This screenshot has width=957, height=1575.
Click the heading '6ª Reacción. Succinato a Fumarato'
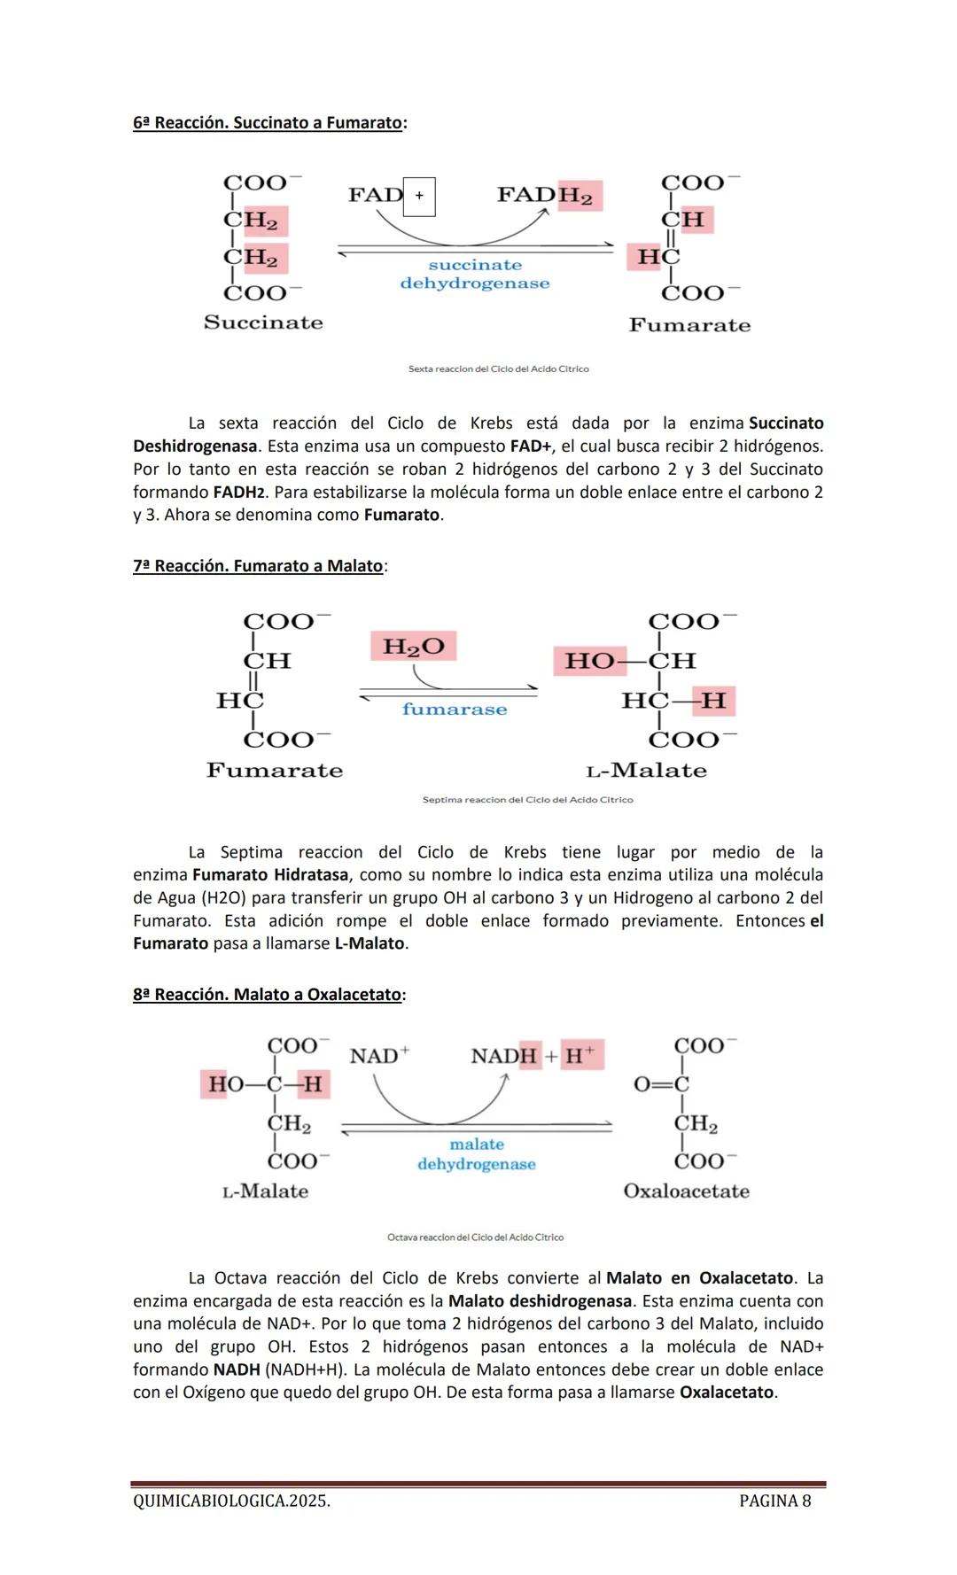[x=268, y=123]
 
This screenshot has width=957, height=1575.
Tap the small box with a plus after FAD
[x=419, y=196]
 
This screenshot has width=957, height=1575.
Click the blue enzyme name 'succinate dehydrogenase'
[x=475, y=274]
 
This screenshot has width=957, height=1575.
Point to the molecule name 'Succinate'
[x=263, y=322]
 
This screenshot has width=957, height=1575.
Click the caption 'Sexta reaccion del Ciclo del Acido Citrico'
[x=498, y=369]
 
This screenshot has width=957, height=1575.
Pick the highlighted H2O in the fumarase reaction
[x=413, y=646]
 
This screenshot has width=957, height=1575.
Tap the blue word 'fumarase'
[x=455, y=709]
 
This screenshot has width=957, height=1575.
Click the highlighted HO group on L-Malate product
[x=589, y=661]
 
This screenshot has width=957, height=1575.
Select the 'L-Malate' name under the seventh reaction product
[x=647, y=771]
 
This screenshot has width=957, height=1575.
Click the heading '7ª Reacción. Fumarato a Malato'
[x=259, y=566]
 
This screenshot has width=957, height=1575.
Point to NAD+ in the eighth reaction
[x=379, y=1056]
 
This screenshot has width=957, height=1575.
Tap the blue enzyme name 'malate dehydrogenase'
[x=477, y=1154]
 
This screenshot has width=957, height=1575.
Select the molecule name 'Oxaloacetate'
[x=686, y=1191]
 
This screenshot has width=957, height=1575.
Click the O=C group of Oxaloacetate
[x=661, y=1084]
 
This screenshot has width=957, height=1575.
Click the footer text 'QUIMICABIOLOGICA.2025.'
[x=231, y=1501]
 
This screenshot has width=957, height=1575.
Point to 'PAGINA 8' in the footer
[x=774, y=1501]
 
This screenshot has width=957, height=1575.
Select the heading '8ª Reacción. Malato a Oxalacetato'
[x=268, y=995]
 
